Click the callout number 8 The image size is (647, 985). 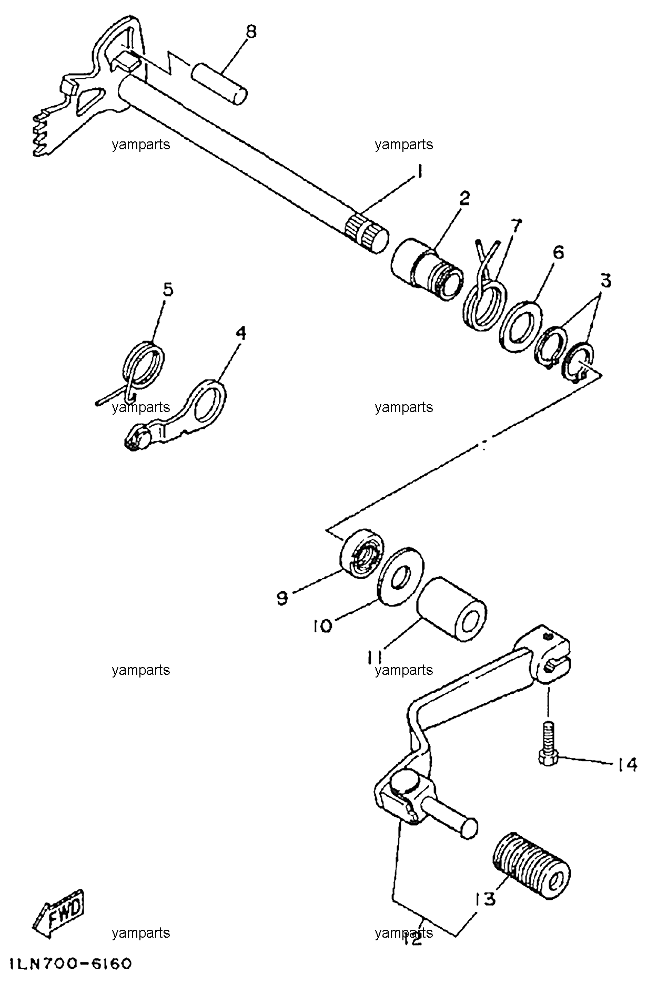[251, 32]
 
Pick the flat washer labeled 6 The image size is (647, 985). [520, 327]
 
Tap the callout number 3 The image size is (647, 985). [606, 281]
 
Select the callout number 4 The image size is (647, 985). [240, 333]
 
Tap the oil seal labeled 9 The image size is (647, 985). [362, 557]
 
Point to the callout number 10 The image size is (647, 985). [322, 625]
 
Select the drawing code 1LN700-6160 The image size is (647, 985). [65, 964]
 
